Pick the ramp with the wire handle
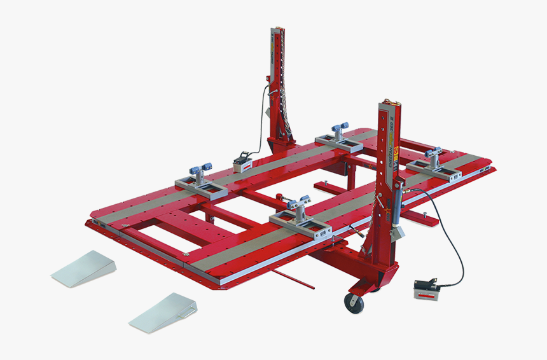[x=163, y=311]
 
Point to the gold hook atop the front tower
[x=389, y=101]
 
